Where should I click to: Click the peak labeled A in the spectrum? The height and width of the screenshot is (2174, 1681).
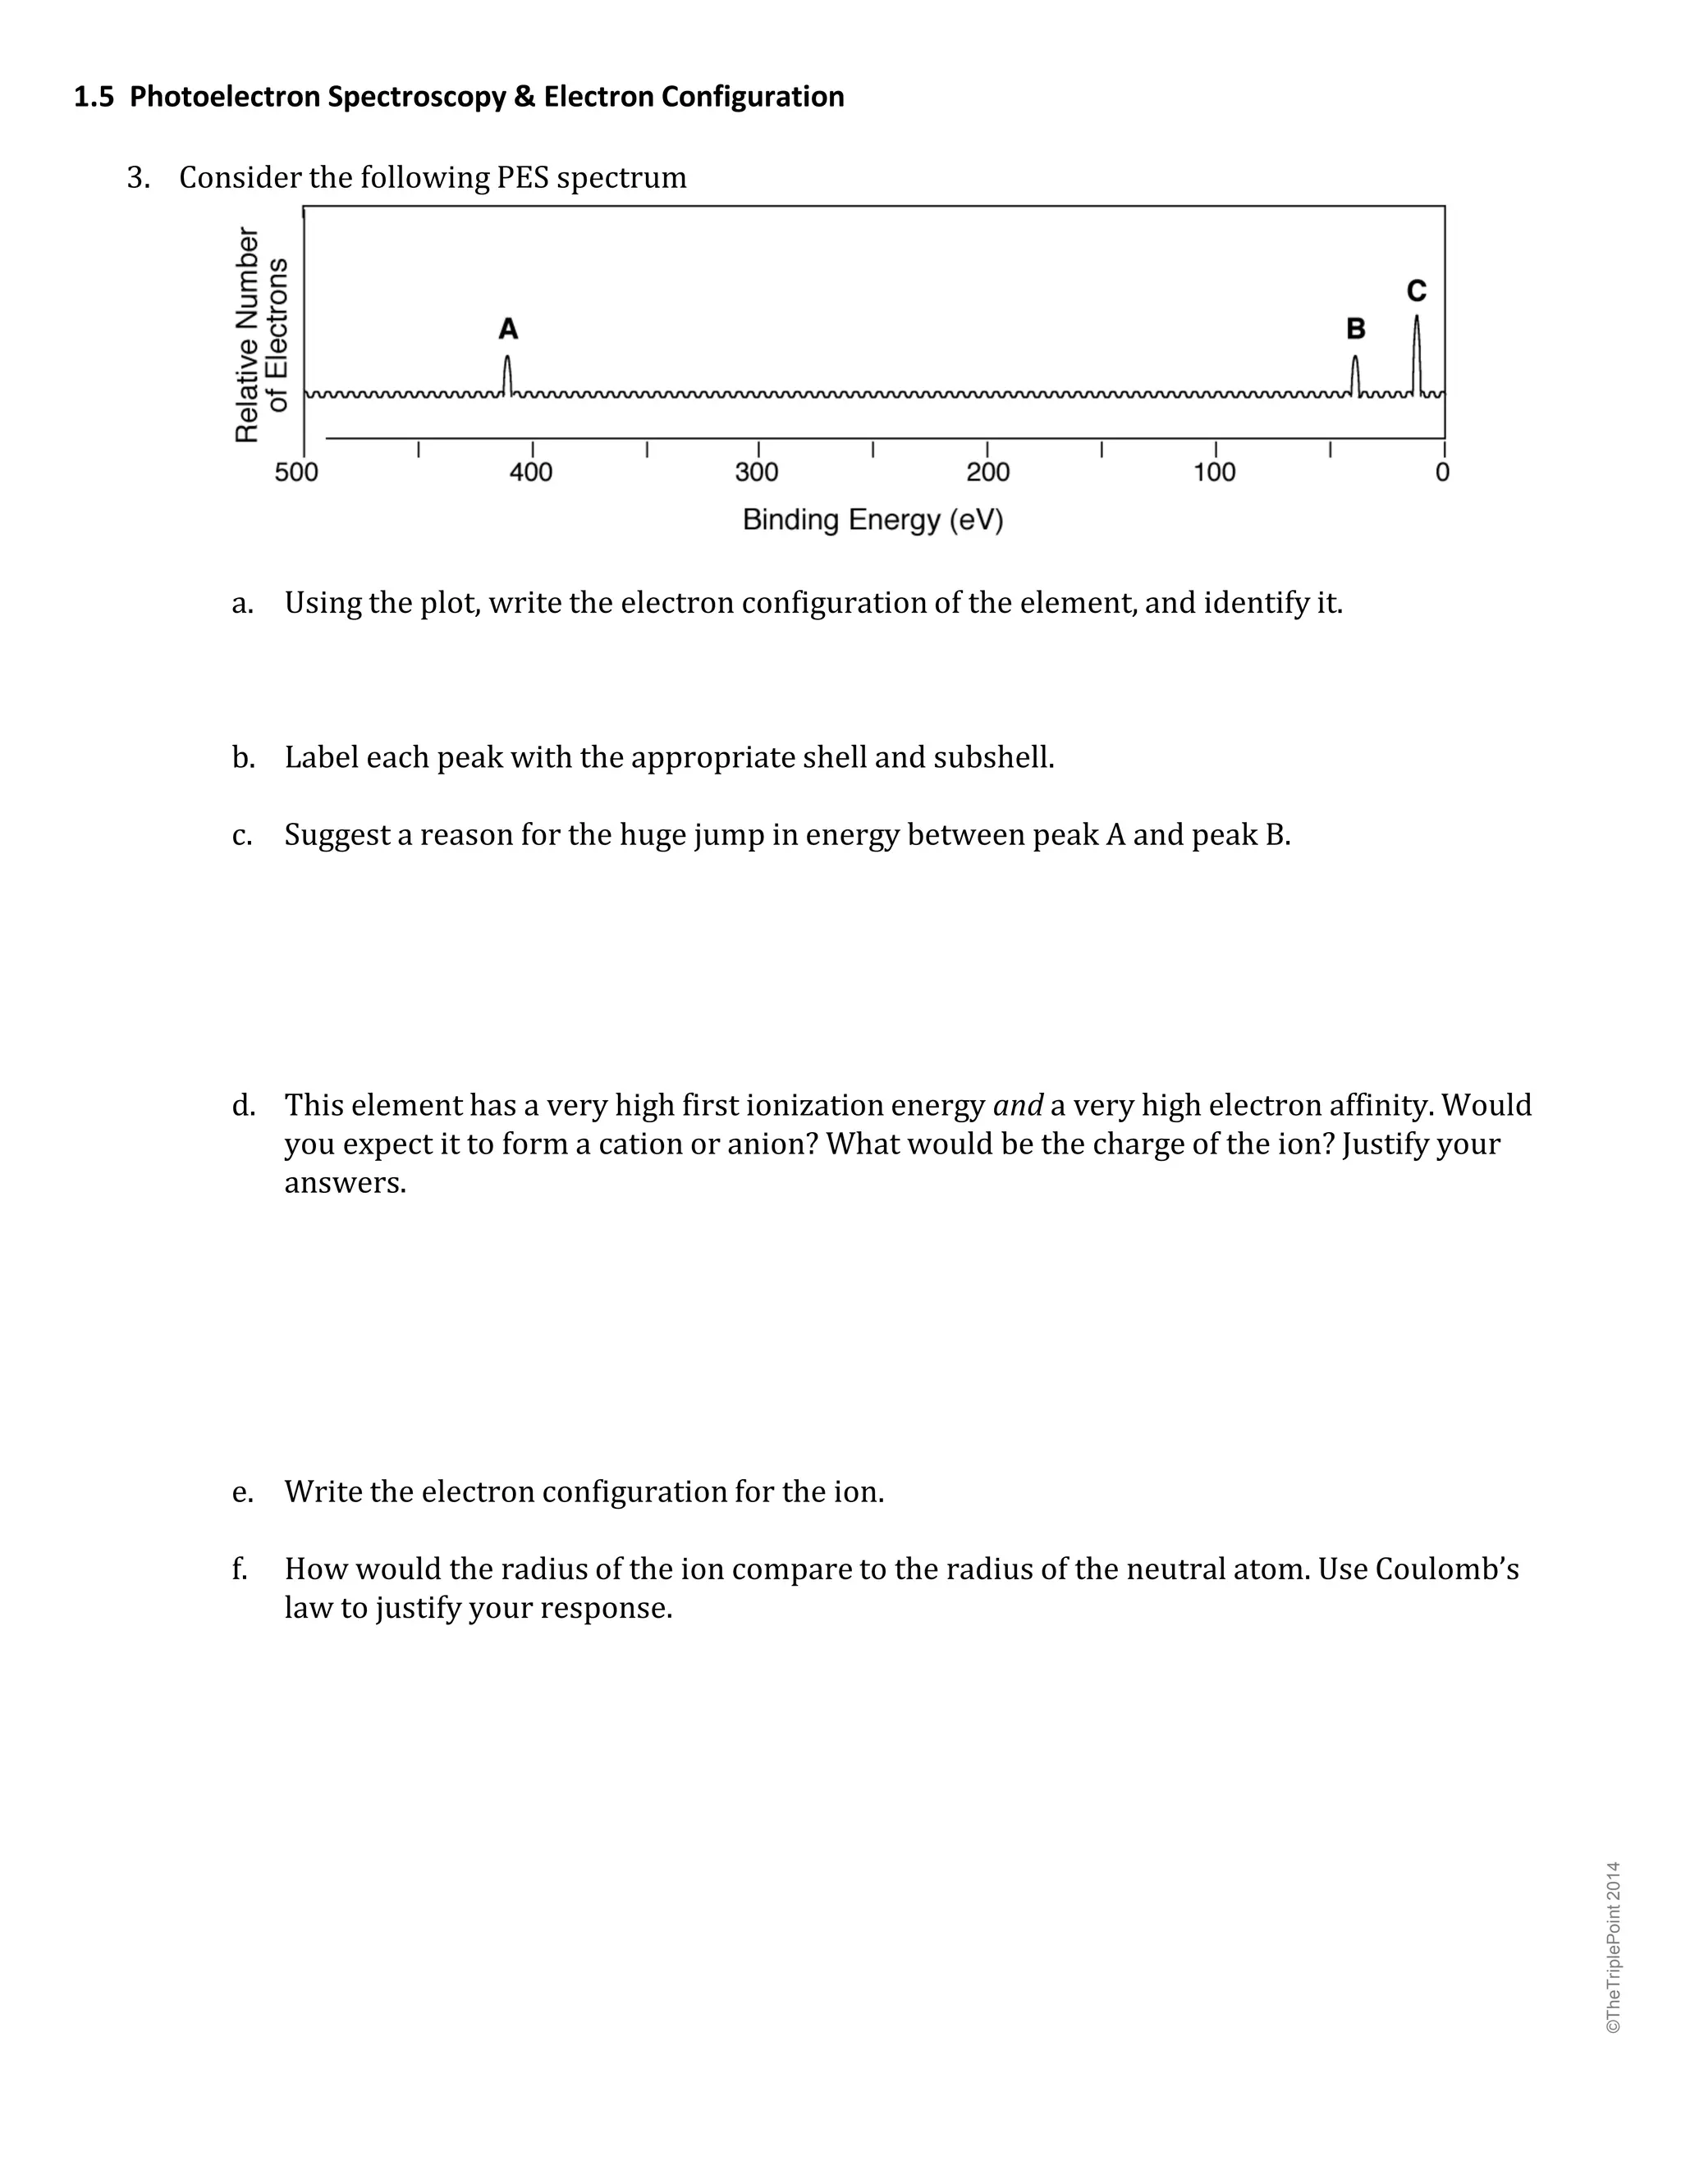(x=508, y=374)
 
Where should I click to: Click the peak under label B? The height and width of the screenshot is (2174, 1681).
(x=1354, y=374)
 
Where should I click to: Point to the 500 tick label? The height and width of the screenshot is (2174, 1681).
(x=297, y=472)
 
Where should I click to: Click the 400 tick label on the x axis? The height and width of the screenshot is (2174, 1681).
(x=531, y=472)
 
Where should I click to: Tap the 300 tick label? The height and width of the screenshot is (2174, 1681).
(x=757, y=472)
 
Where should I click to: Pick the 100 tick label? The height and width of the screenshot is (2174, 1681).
(x=1214, y=472)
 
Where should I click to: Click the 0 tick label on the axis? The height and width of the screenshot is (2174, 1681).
(x=1442, y=472)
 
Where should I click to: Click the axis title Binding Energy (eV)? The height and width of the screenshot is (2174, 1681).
(x=873, y=519)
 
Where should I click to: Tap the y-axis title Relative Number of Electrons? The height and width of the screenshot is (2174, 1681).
(x=261, y=335)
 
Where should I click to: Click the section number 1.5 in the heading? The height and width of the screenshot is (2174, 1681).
(x=94, y=97)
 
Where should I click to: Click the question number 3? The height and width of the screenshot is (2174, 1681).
(x=137, y=178)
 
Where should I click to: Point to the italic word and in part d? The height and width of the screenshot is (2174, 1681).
(x=1017, y=1105)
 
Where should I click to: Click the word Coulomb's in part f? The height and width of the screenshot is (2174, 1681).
(x=1446, y=1569)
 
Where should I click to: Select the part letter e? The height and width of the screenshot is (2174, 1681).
(x=241, y=1492)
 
